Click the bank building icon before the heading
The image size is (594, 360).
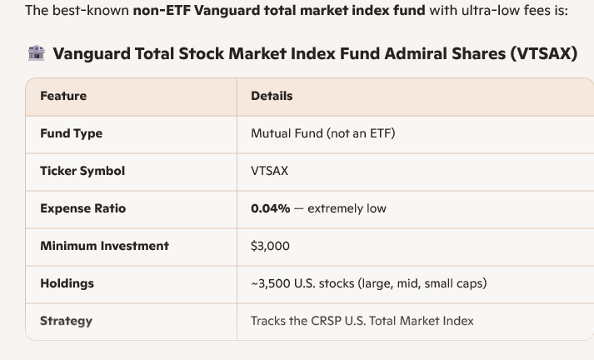[36, 53]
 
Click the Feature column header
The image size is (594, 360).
[63, 96]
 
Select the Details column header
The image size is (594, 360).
[272, 96]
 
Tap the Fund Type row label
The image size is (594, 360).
[71, 133]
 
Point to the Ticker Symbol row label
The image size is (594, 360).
[82, 171]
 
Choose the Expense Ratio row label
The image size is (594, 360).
[82, 208]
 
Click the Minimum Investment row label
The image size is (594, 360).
[104, 246]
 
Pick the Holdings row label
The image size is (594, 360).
[67, 283]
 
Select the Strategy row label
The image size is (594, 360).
[66, 321]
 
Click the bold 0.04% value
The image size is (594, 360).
[270, 208]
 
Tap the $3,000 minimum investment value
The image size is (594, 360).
[270, 246]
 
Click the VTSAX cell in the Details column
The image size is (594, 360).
[269, 171]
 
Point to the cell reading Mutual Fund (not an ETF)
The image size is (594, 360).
[322, 133]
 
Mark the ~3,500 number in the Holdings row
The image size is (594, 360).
[271, 283]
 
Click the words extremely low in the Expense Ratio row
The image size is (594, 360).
[347, 208]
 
